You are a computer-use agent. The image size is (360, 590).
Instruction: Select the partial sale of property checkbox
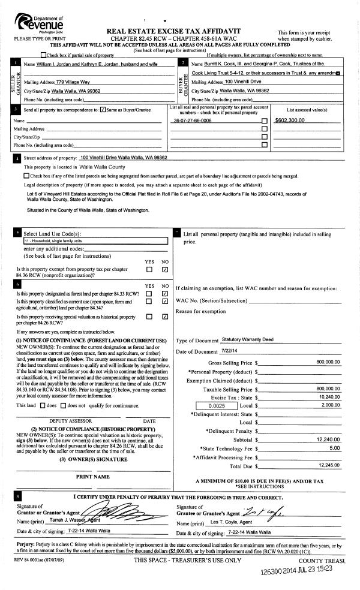click(43, 55)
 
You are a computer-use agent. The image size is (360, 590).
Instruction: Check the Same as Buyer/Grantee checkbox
click(103, 110)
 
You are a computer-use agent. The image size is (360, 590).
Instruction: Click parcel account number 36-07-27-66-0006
click(192, 121)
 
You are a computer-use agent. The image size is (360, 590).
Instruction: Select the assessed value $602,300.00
click(289, 121)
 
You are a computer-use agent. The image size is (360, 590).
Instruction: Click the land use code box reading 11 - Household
click(91, 241)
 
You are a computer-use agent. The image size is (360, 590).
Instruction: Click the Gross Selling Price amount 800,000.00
click(328, 362)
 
